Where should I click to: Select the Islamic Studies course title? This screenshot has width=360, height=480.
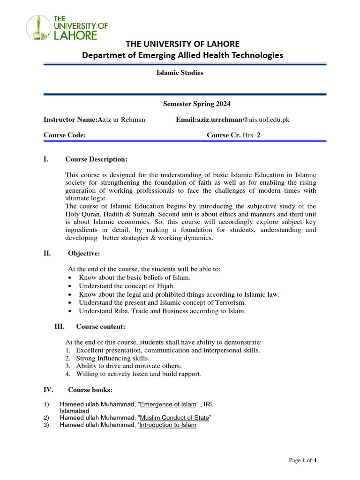(x=180, y=73)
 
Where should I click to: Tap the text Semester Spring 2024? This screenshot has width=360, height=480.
(x=196, y=104)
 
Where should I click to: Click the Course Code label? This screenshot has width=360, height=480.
(x=65, y=135)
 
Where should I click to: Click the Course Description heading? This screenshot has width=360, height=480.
(x=96, y=159)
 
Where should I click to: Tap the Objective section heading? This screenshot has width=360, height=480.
(x=84, y=254)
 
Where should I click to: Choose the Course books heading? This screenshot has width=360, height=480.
(x=90, y=390)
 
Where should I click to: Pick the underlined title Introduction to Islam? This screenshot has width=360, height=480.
(x=168, y=425)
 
